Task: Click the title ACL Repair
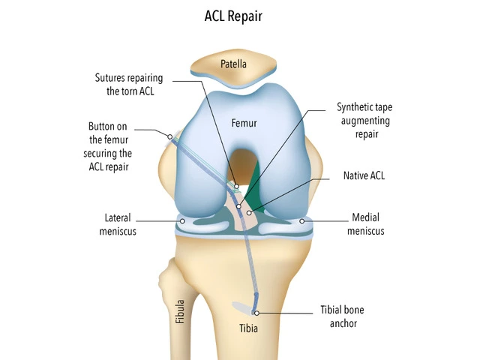point(240,15)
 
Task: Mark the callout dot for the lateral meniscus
point(182,220)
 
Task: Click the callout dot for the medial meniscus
point(303,220)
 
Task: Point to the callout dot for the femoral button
point(170,136)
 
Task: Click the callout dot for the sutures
point(236,186)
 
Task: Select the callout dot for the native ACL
point(248,213)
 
